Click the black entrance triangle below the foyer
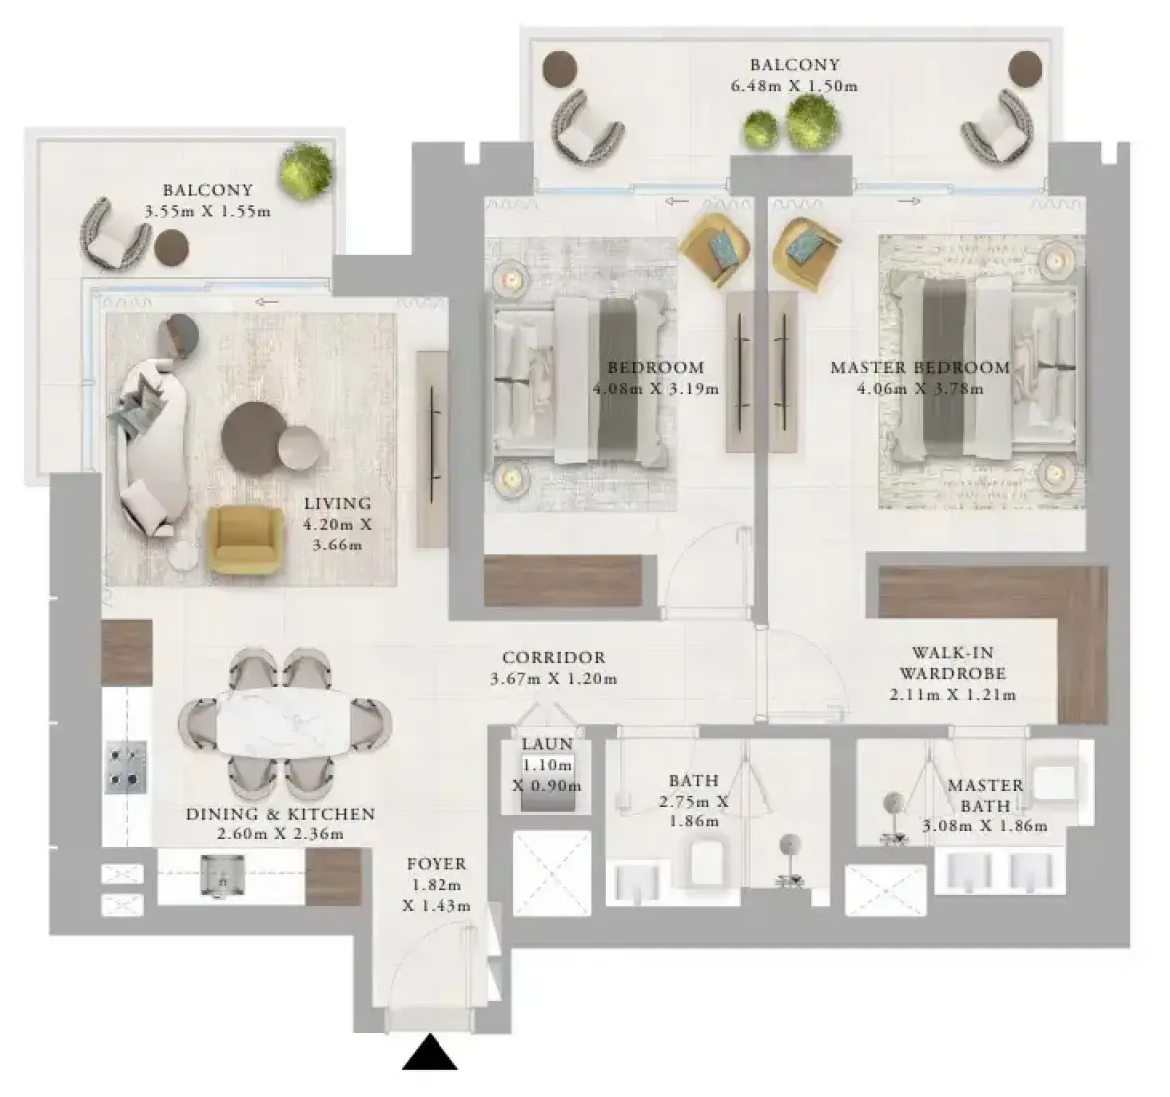430,1054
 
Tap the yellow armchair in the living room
245,540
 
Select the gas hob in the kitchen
126,766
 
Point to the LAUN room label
548,744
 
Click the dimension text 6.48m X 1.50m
794,86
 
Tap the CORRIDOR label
554,658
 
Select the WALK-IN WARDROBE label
952,663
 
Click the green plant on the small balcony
306,171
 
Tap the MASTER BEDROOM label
920,367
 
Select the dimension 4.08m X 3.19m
656,389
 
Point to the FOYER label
437,864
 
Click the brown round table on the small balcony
171,247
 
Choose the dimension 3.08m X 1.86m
985,826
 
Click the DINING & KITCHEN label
281,814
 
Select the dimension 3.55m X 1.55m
207,212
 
